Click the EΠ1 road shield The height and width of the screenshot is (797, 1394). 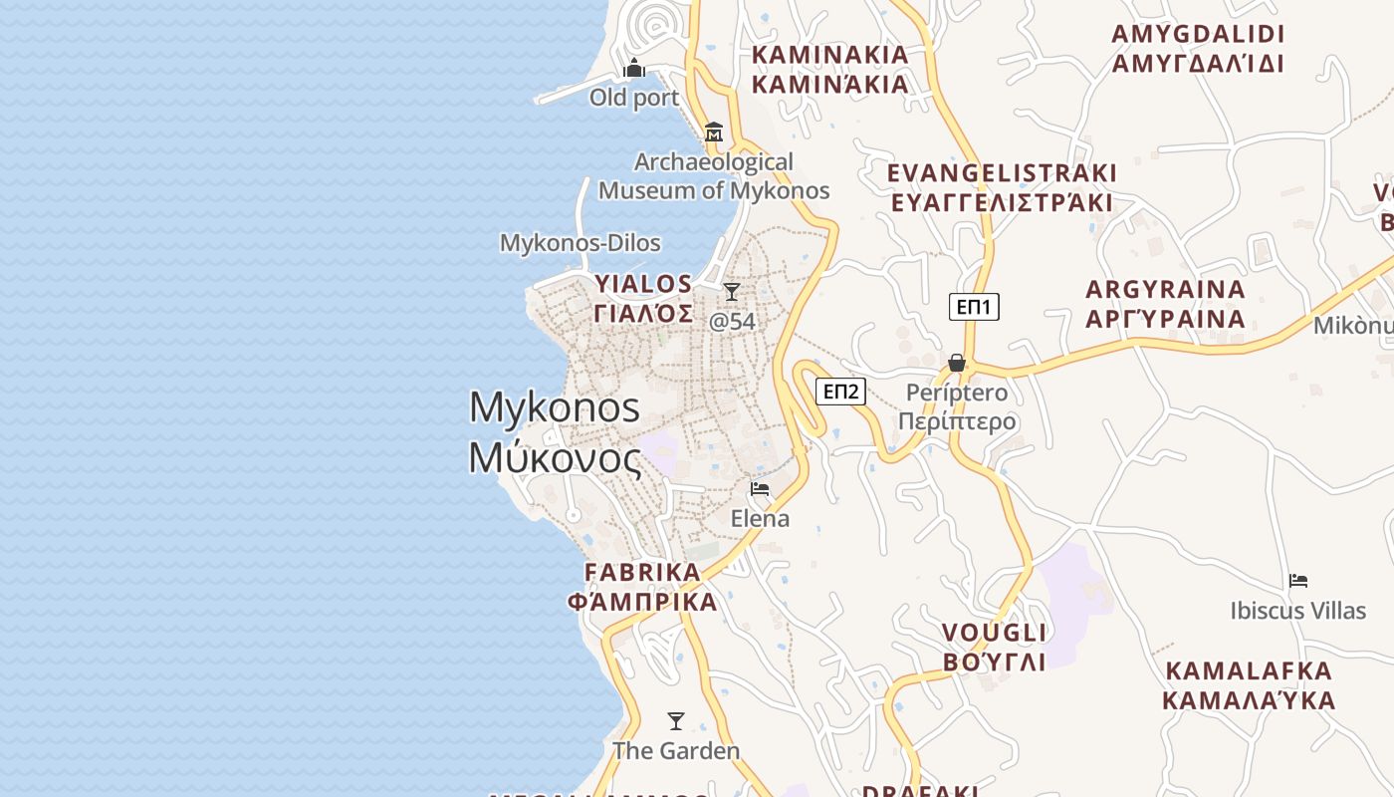(973, 307)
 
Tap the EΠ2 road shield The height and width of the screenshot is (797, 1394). (840, 392)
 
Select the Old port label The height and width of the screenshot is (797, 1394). (633, 98)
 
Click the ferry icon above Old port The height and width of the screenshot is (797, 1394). (634, 69)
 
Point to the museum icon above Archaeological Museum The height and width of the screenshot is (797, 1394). (713, 133)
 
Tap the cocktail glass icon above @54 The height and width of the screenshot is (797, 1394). (732, 292)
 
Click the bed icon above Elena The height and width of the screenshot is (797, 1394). (760, 489)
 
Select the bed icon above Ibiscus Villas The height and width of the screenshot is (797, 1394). (1297, 581)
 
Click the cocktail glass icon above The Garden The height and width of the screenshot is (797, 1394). (676, 721)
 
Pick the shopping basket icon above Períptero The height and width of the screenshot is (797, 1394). (957, 363)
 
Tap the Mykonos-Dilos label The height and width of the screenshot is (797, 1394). (580, 243)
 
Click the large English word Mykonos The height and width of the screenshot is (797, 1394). (555, 407)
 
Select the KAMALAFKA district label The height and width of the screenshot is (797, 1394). (1249, 670)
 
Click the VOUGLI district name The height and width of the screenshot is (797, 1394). (994, 634)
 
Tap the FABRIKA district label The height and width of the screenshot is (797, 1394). (642, 573)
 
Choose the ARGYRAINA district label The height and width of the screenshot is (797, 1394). (1165, 290)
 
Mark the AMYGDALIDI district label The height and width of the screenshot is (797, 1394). (1198, 34)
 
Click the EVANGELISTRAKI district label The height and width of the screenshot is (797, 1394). (1002, 173)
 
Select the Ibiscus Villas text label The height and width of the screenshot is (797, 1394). (1297, 610)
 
